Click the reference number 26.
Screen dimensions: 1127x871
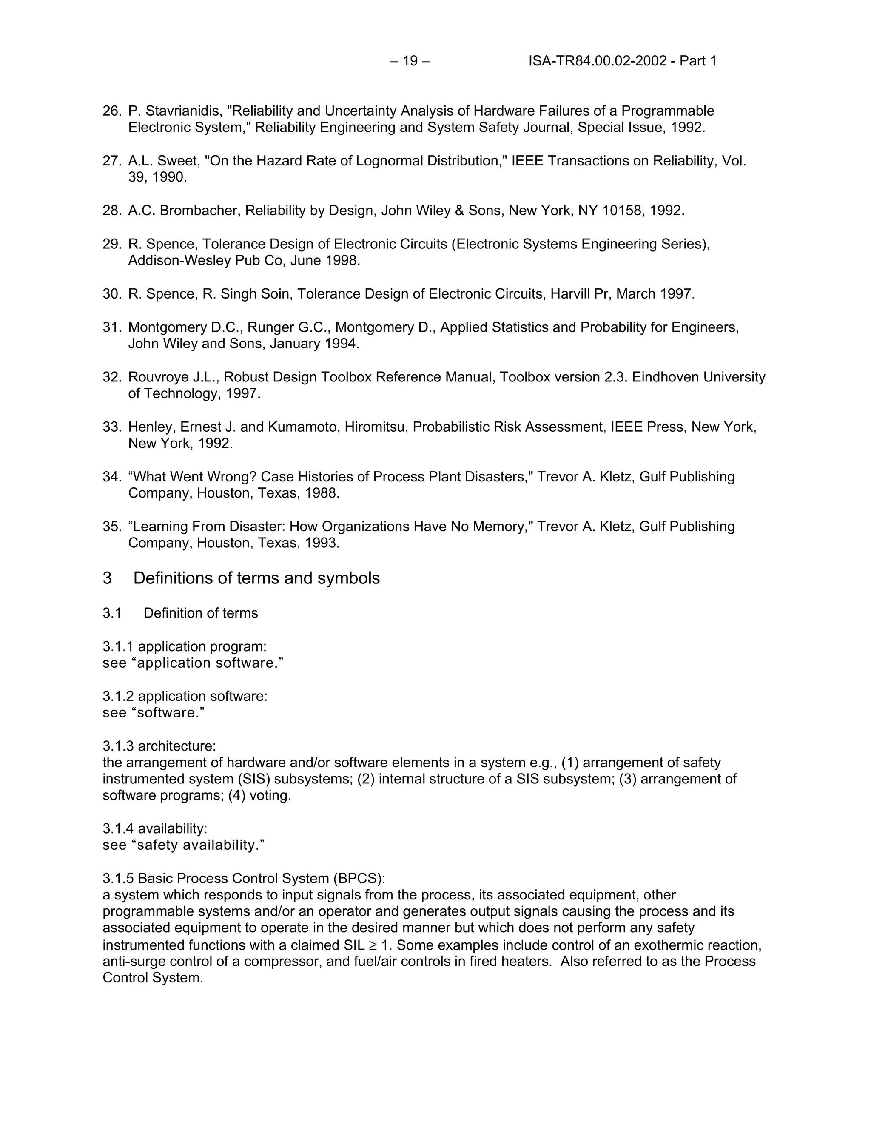point(111,111)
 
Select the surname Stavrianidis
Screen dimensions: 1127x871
point(182,111)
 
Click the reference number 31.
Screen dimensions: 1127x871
point(111,327)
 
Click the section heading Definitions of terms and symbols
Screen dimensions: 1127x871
point(256,578)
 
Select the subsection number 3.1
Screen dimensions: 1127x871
point(112,613)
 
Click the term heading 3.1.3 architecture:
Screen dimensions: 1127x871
point(159,746)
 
